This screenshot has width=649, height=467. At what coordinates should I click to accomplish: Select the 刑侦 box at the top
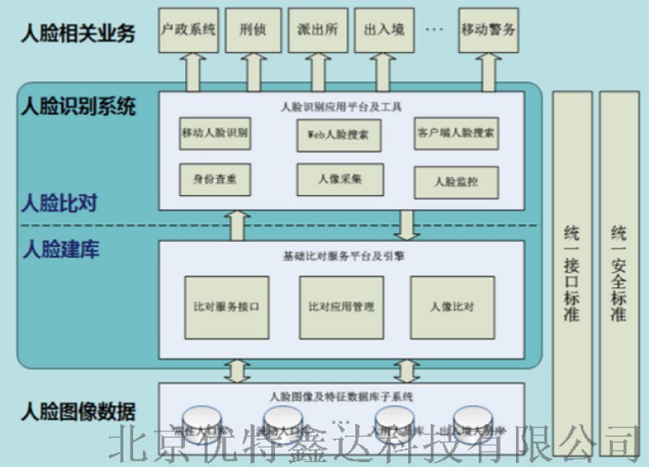[253, 31]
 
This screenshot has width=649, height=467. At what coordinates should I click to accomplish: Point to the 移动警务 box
[488, 31]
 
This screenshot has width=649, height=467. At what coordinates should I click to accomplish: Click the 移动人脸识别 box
[215, 133]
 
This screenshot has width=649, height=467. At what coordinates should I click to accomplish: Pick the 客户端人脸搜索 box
[456, 133]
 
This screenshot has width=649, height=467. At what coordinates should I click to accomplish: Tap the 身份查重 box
[215, 177]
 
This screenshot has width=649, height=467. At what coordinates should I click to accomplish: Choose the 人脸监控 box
[456, 181]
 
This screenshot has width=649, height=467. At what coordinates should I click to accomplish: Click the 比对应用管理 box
[341, 307]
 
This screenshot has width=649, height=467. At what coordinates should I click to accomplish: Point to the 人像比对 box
[452, 307]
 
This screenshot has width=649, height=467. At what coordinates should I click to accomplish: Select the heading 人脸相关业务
[77, 34]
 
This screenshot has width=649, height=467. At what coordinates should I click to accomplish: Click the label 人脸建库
[61, 249]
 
